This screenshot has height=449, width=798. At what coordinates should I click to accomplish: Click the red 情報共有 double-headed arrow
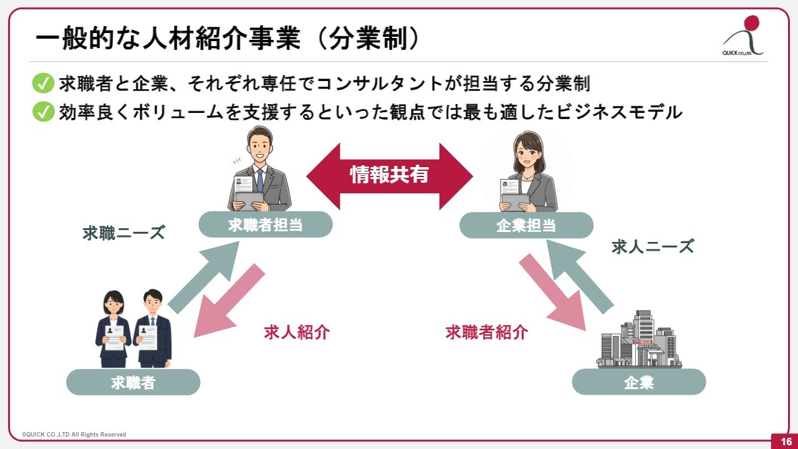390,175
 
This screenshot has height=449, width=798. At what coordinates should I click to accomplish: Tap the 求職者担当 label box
266,224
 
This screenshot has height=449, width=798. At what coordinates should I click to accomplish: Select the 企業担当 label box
526,225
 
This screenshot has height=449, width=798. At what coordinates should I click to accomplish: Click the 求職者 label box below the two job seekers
133,382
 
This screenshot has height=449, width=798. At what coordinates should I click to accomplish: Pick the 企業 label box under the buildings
638,382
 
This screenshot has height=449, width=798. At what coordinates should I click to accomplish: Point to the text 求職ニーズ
123,233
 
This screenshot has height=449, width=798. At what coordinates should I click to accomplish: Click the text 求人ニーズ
652,246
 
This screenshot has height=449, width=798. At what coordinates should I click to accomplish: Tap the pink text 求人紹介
296,332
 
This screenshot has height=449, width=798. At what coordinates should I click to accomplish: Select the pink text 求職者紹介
486,332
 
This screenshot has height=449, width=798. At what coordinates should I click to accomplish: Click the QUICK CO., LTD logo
744,37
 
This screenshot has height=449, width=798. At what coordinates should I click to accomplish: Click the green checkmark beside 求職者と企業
43,84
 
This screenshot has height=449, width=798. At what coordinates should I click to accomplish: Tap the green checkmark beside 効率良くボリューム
43,112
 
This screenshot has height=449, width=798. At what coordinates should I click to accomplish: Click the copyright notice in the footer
74,435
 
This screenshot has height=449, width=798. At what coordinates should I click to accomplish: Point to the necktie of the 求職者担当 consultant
260,180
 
